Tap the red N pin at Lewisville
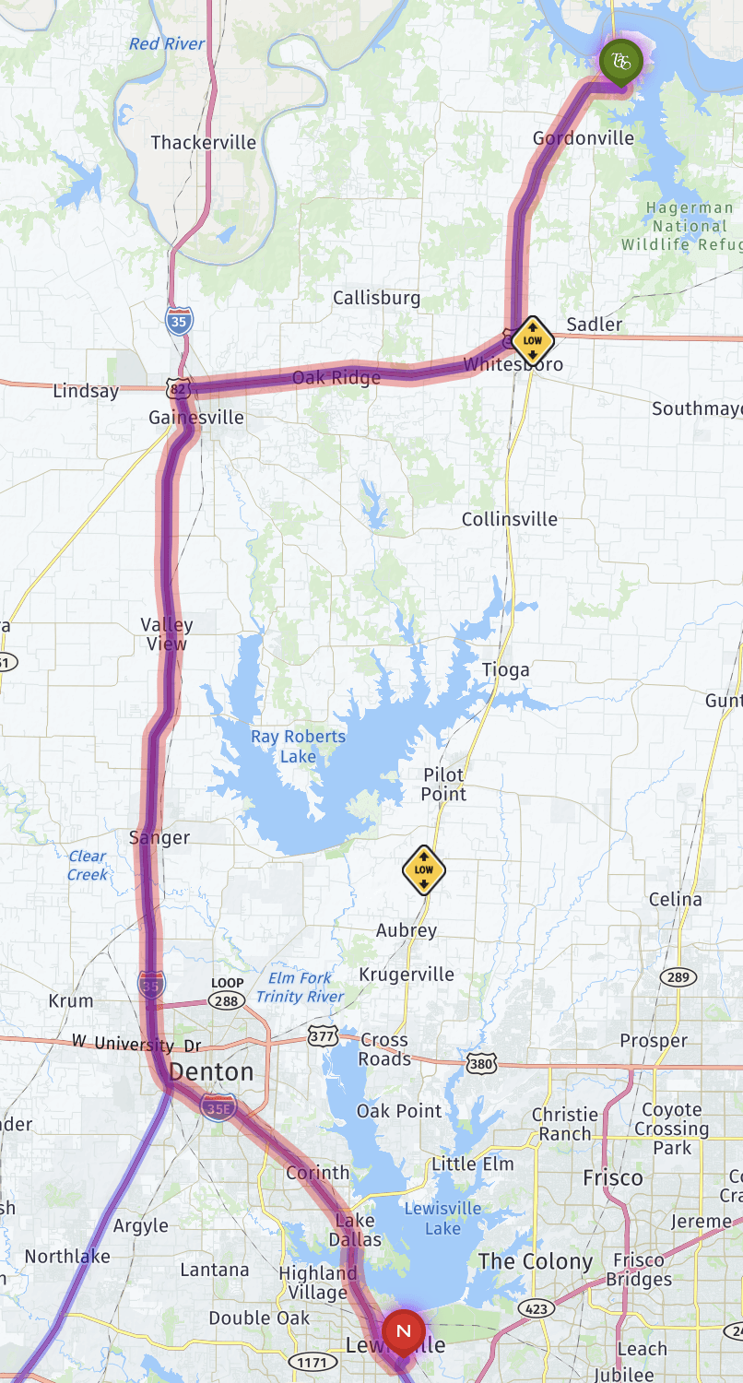point(403,1331)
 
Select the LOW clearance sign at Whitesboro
point(532,340)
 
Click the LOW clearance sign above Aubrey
point(424,869)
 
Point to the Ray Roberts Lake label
point(298,746)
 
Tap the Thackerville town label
point(203,142)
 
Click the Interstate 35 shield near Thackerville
point(180,321)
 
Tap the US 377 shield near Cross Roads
point(323,1037)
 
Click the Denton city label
point(211,1072)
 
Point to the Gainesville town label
point(196,418)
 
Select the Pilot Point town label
point(443,784)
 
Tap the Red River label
point(167,43)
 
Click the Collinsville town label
point(509,519)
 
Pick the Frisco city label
point(612,1177)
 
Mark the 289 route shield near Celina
point(678,977)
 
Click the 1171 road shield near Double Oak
point(306,1361)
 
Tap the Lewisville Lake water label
point(442,1218)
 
